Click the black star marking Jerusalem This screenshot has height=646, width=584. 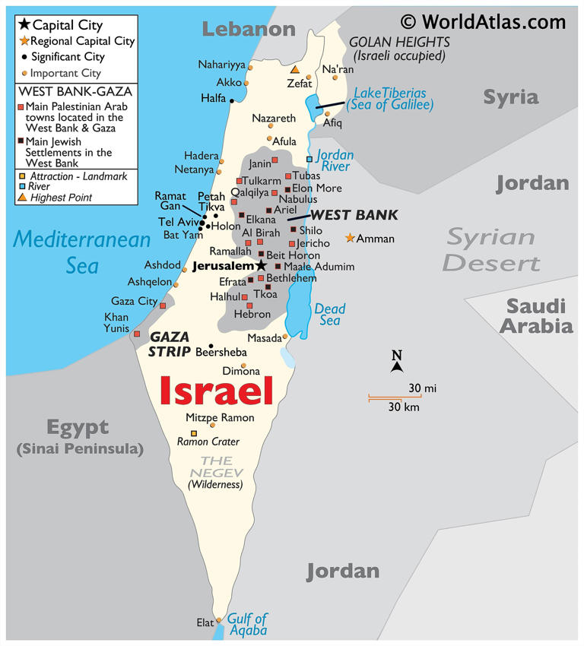point(261,265)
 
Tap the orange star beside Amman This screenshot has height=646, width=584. point(350,238)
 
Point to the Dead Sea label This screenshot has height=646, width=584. point(330,315)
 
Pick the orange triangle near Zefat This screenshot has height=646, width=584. point(295,69)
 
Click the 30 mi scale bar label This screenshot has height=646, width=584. point(422,388)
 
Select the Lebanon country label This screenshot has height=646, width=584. point(248,30)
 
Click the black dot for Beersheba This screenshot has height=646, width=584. point(211,346)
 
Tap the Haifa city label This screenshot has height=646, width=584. point(213,98)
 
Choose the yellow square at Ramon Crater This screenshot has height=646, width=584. point(193,434)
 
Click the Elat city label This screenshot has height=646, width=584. point(205,622)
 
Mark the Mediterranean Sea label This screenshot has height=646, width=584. point(82,252)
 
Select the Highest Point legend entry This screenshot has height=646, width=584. point(61,198)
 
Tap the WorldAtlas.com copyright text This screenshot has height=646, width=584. point(484,22)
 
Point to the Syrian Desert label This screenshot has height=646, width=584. point(491,249)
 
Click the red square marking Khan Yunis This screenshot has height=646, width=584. point(137,334)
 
